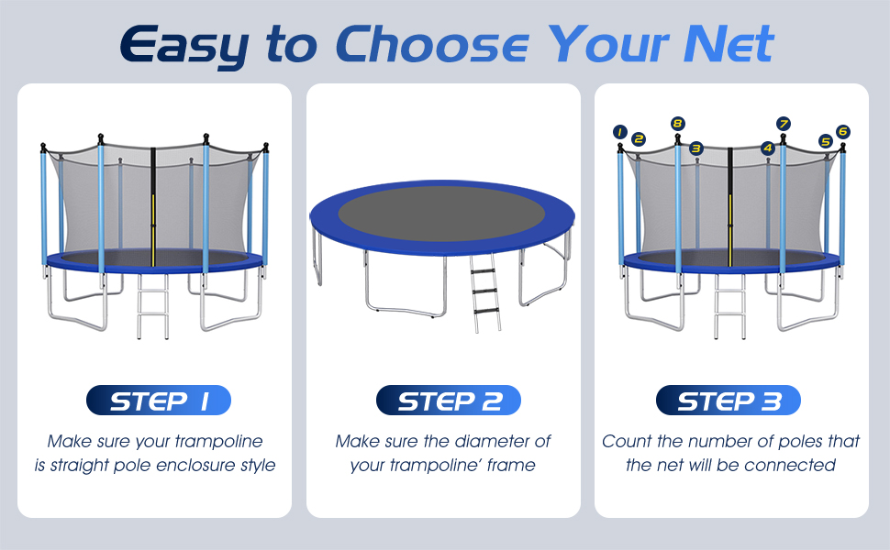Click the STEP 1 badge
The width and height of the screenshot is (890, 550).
[x=158, y=401]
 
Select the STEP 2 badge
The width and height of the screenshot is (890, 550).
[x=449, y=401]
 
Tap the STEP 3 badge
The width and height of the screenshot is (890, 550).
[x=729, y=401]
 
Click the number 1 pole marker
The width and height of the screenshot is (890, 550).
[x=619, y=132]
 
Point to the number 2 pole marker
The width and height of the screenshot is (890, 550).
[x=639, y=139]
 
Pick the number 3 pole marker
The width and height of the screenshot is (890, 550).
[x=696, y=148]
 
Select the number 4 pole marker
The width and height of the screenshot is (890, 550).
[x=768, y=148]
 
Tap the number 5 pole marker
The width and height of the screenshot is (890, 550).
[x=826, y=141]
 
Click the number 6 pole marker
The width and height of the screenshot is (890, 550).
[x=843, y=132]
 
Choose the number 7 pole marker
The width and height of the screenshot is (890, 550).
[x=783, y=123]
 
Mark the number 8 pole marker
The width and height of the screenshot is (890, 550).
[x=677, y=123]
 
